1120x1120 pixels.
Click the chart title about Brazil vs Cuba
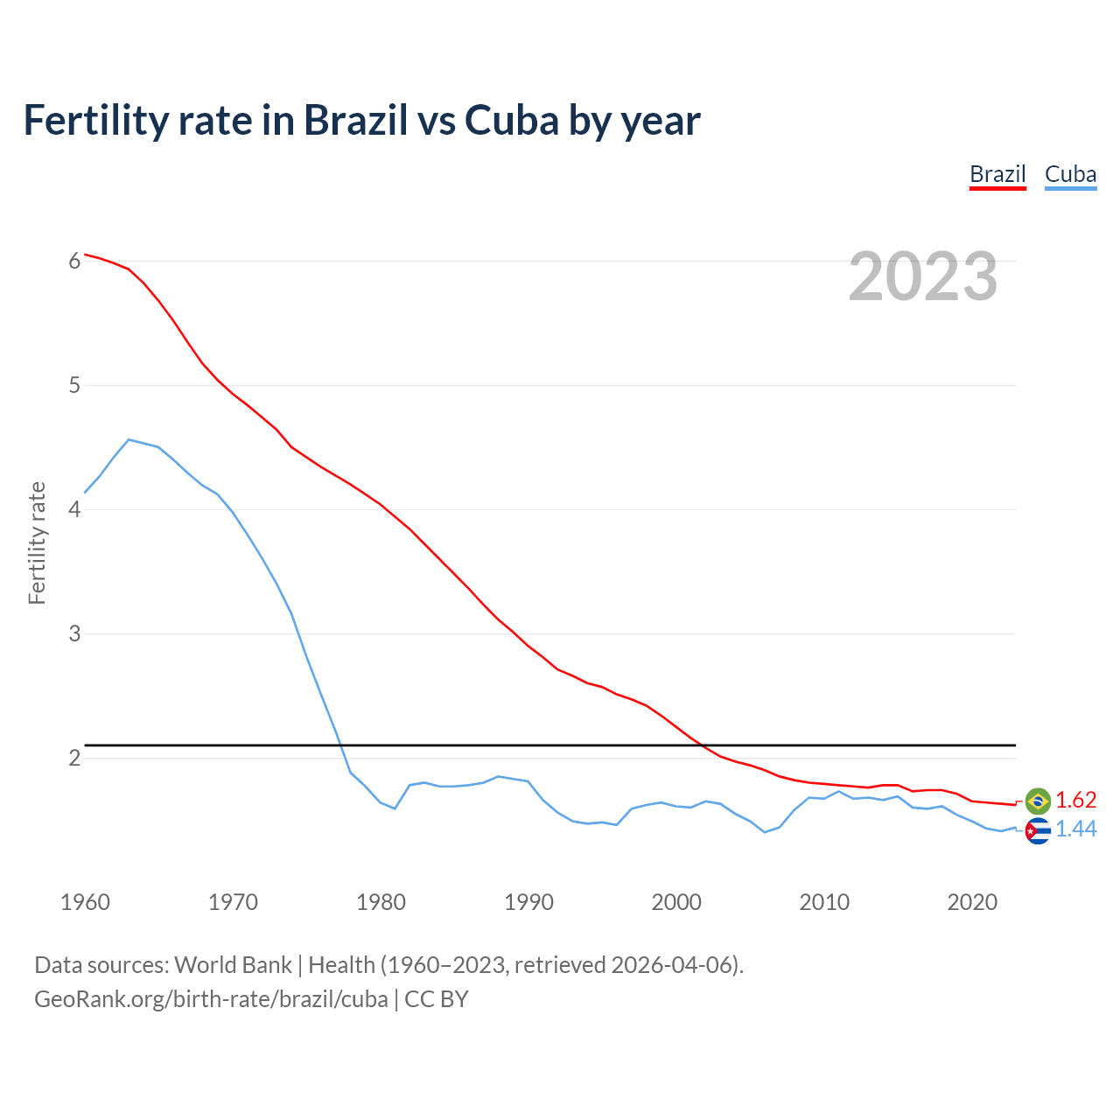[x=361, y=121]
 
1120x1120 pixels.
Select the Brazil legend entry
[x=997, y=174]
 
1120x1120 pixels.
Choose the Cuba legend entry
[x=1070, y=174]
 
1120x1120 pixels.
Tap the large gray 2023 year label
[x=923, y=276]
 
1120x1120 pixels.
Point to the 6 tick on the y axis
[x=74, y=261]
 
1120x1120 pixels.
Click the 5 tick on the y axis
[x=74, y=385]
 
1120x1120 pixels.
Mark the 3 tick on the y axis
[x=74, y=633]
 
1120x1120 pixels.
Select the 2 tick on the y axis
[x=74, y=758]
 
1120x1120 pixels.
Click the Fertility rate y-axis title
[x=37, y=542]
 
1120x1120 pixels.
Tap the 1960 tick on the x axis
[x=85, y=902]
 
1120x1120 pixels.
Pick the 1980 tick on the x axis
[x=381, y=902]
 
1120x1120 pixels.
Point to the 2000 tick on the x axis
[x=676, y=902]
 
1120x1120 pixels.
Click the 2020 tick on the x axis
[x=972, y=902]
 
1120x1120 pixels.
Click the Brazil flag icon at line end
[x=1038, y=801]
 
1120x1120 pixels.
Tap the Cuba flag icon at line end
[x=1038, y=830]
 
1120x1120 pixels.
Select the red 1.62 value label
[x=1075, y=801]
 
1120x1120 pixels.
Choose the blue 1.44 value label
[x=1075, y=829]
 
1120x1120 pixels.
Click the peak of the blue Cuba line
[x=129, y=439]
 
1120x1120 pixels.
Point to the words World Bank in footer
[x=233, y=965]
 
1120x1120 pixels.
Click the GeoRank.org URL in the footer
[x=211, y=999]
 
